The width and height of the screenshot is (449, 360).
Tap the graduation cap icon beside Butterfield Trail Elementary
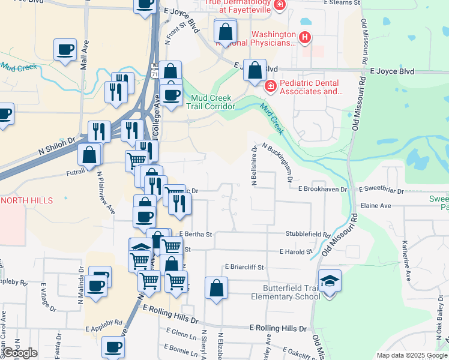click(330, 281)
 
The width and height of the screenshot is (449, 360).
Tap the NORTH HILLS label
click(27, 200)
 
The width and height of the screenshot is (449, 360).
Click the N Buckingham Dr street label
click(277, 162)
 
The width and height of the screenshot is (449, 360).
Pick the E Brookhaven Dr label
click(323, 188)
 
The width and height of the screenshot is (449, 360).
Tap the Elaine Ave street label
click(376, 205)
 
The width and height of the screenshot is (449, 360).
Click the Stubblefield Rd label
click(308, 235)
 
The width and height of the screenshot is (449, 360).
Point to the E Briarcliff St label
click(244, 266)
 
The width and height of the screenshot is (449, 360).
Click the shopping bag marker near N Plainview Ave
click(89, 155)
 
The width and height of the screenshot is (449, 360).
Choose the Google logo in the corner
click(20, 353)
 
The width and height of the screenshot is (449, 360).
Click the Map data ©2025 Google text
click(411, 355)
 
